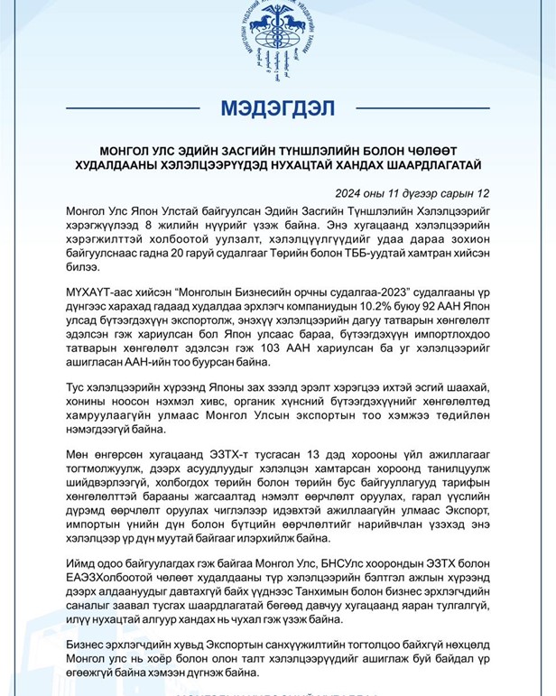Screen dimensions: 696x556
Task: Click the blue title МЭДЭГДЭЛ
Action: [x=277, y=110]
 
